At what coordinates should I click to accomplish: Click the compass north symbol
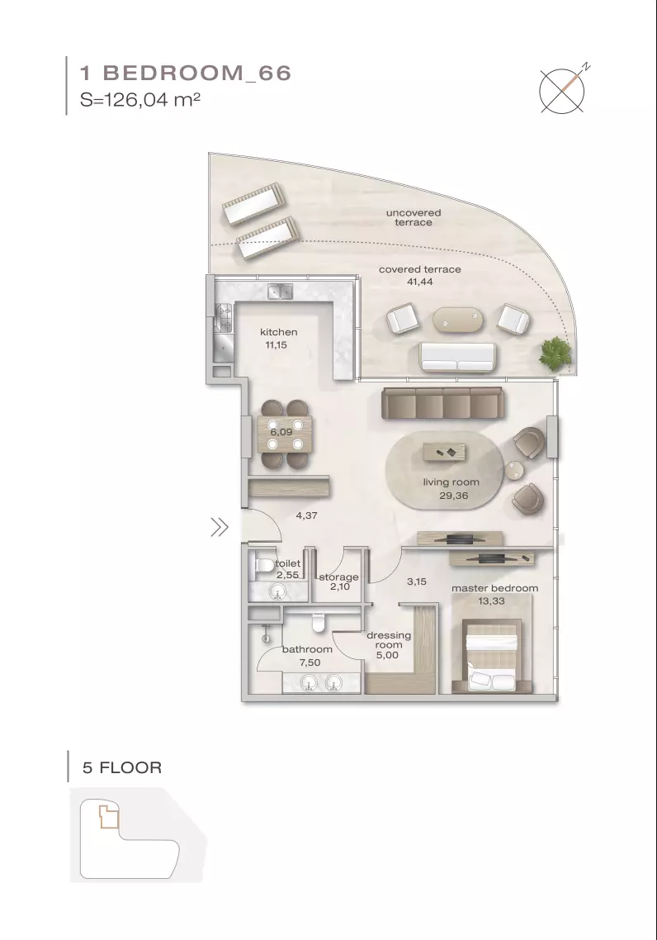coord(562,91)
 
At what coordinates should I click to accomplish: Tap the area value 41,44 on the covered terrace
coord(419,282)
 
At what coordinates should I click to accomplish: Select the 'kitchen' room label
coord(278,332)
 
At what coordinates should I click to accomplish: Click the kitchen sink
coord(280,292)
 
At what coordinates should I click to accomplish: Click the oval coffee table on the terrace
coord(457,320)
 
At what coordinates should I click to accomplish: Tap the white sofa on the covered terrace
coord(457,358)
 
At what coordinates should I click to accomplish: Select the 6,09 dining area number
coord(281,432)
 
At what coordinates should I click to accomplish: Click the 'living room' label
coord(451,482)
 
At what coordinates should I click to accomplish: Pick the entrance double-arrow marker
coord(220,528)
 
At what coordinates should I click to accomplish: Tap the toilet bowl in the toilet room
coord(264,565)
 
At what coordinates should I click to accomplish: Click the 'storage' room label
coord(338,577)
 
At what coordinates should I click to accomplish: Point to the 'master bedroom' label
coord(494,588)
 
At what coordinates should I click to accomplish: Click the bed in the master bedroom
coord(491,657)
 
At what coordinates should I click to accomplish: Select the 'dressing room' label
coord(389,639)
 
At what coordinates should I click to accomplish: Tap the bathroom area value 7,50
coord(310,662)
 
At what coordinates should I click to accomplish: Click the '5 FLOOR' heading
coord(122,767)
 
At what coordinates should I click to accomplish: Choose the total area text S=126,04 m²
coord(140,99)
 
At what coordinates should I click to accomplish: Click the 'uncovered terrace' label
coord(414,217)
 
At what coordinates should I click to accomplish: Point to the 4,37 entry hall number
coord(306,515)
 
